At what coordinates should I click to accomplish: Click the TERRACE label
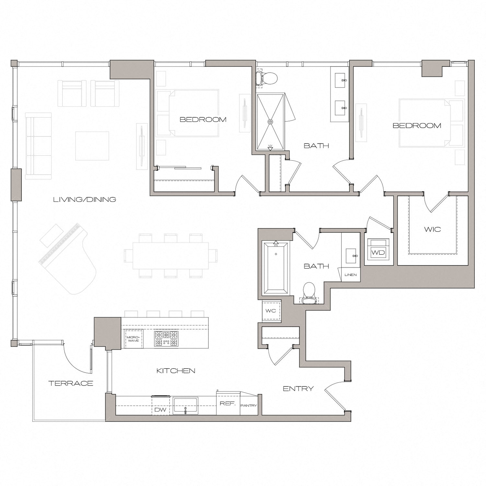pos(71,383)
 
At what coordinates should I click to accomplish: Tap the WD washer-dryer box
pos(378,252)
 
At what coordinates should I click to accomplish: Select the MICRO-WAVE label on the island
pos(133,339)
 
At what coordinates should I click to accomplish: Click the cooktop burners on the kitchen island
pos(166,339)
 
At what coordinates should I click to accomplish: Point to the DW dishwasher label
pos(160,410)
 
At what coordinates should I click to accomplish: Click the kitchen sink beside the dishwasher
pos(185,405)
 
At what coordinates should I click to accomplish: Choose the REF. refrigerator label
pos(227,404)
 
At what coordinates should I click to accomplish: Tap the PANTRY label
pos(249,406)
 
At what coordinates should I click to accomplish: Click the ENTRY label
pos(298,388)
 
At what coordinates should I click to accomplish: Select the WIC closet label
pos(432,229)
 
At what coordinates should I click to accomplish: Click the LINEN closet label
pos(351,275)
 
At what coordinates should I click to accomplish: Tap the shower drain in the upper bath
pos(270,121)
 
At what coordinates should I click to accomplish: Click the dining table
pos(170,256)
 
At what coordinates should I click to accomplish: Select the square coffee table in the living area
pos(92,146)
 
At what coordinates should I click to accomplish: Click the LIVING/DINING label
pos(85,200)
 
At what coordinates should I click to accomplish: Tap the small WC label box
pos(271,311)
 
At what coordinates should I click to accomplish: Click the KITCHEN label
pos(176,371)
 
